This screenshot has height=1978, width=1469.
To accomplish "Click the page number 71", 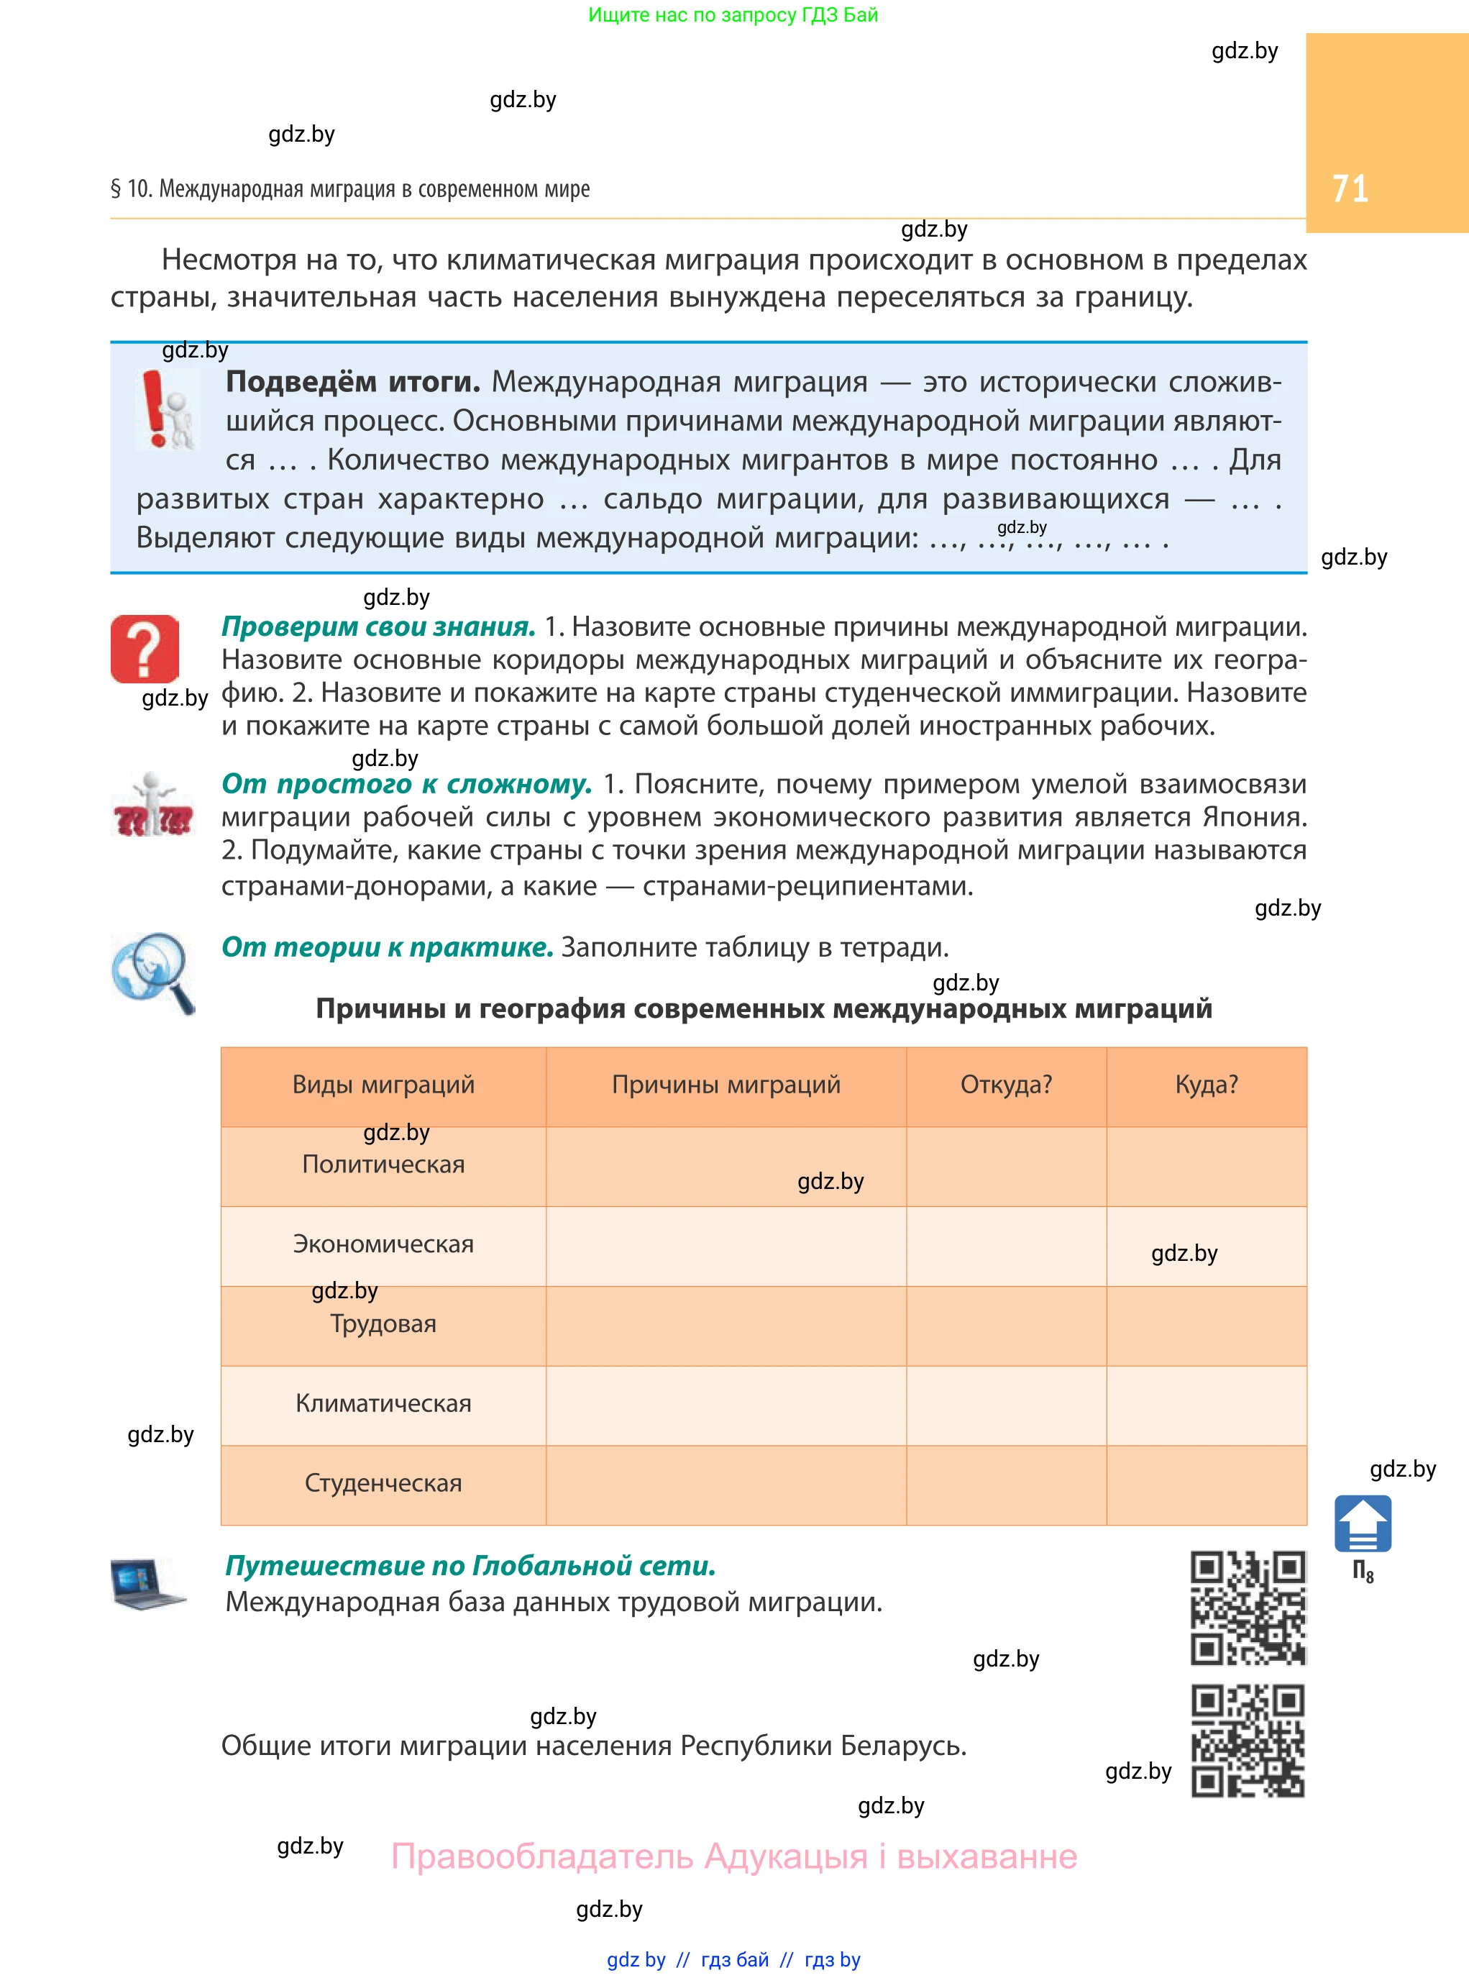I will pos(1349,188).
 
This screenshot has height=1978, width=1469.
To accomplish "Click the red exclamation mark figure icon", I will pos(167,409).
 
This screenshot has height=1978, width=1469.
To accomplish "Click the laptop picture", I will pos(147,1584).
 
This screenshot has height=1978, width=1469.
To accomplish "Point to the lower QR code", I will pos(1248,1740).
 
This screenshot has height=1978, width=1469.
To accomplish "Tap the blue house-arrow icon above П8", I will pos(1363,1523).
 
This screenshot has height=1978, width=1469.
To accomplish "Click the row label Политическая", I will pos(383,1165).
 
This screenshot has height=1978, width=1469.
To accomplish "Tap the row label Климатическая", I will pos(383,1403).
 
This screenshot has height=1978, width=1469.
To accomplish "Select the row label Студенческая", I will pos(383,1482).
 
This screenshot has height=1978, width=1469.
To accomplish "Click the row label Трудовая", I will pos(383,1323).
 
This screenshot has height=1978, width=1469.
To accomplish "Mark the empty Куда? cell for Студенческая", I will pos(1206,1485).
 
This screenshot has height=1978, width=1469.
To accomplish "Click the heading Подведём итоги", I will pos(353,381).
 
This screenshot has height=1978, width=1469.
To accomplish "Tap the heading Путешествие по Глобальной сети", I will pos(470,1564).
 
